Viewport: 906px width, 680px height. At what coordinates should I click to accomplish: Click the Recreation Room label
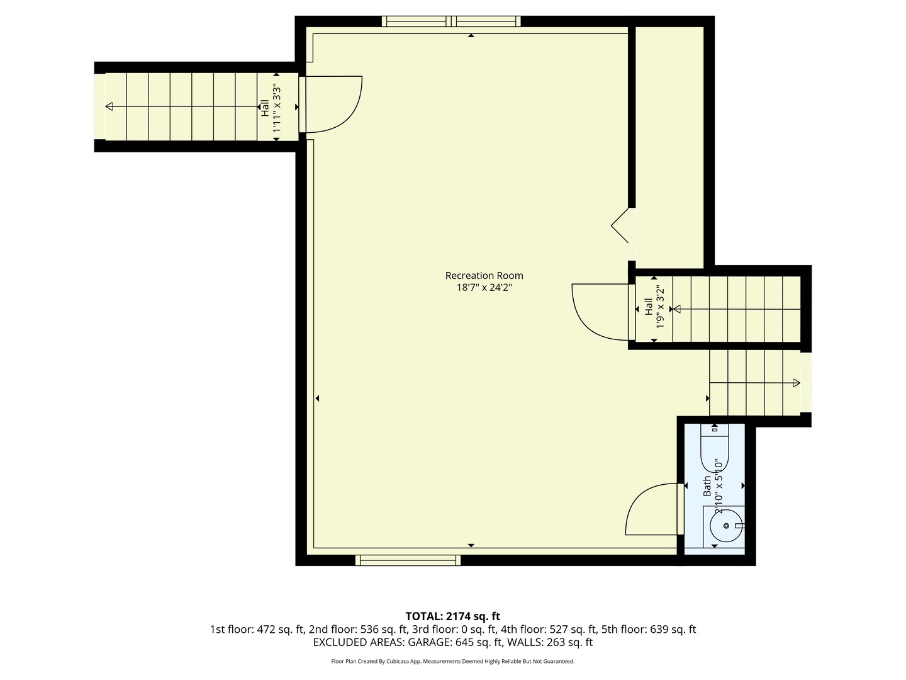484,275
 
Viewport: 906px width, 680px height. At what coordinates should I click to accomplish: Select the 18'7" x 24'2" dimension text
484,288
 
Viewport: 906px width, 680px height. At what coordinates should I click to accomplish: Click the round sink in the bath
725,526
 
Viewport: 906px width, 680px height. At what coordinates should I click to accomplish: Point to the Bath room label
707,485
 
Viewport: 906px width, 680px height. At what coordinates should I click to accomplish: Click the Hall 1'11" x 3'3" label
270,108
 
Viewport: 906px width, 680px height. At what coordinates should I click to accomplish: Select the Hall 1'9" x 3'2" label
654,308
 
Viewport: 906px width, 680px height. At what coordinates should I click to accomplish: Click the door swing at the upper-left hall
333,105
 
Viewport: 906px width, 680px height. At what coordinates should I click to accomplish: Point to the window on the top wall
451,21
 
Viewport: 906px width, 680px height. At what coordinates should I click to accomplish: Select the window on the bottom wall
408,560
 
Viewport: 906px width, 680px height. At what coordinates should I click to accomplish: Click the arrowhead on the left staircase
109,107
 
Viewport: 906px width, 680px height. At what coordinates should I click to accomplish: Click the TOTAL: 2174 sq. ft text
452,616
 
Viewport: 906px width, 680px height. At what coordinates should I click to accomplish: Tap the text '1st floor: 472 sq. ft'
257,629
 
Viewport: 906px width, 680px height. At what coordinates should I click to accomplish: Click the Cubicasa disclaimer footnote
452,661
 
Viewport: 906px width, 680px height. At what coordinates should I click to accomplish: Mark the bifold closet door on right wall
621,225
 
